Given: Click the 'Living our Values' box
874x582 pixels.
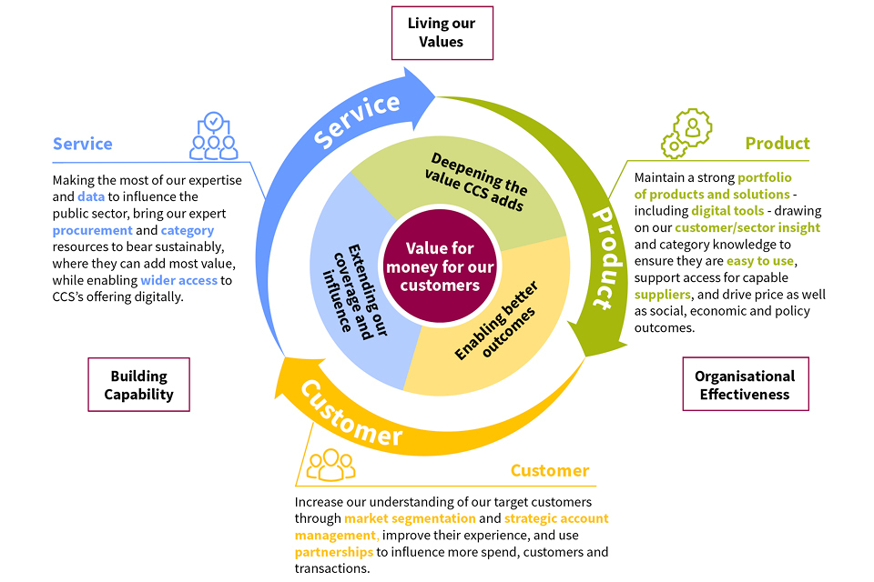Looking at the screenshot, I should point(442,33).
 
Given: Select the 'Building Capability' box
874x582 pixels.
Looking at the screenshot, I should point(138,385).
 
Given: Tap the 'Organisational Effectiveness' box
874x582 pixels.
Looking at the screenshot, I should point(744,385).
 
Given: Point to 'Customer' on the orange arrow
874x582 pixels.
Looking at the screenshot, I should point(351,415).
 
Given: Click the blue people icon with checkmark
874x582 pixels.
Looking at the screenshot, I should point(213,135).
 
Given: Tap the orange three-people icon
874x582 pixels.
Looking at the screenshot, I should point(330,465).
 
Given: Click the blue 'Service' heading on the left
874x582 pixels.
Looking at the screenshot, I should point(83,144).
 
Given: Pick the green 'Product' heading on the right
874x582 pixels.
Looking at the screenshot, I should point(777,143).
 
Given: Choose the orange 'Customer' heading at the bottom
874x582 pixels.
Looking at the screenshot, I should point(549,470).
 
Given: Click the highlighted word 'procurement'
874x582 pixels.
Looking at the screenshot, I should point(93,230).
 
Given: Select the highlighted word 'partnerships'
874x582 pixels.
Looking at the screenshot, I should point(333,552).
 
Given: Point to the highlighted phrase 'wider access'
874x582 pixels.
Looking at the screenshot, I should point(178,280).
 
